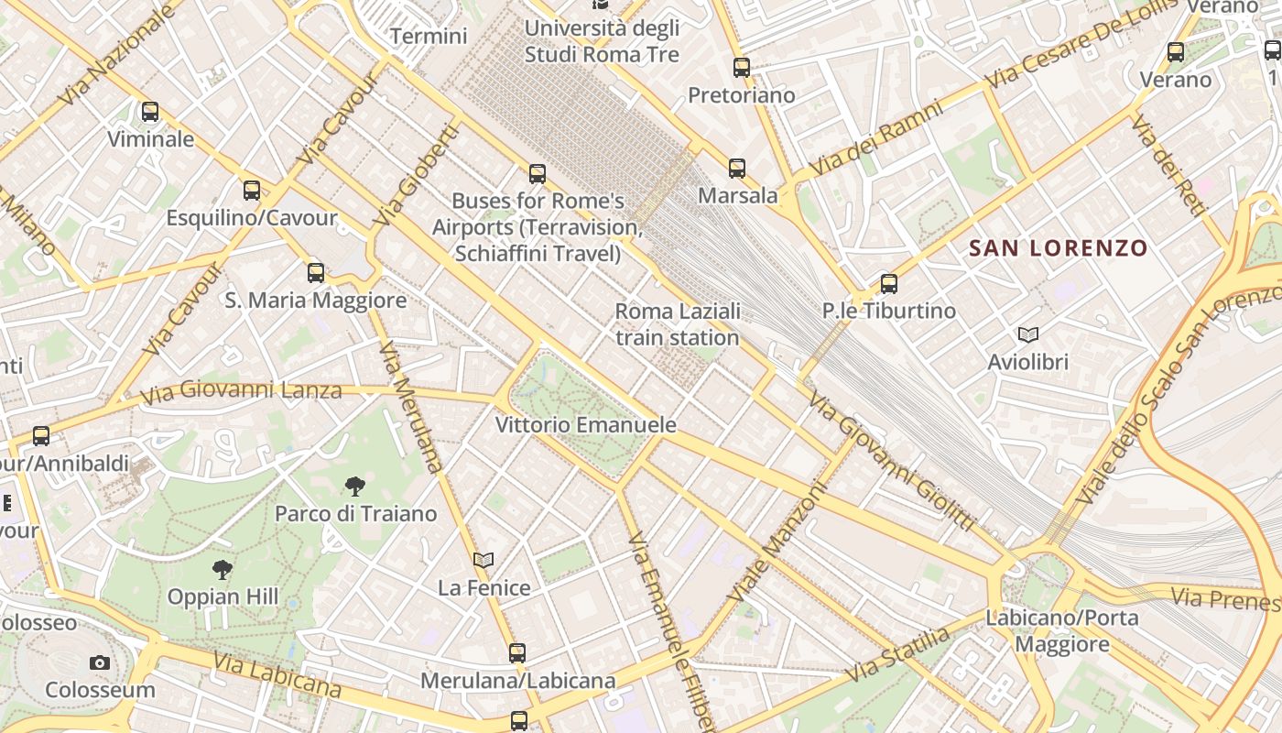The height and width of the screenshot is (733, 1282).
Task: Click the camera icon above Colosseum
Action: pos(100,662)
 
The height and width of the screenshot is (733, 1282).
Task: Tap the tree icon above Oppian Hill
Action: pos(222,570)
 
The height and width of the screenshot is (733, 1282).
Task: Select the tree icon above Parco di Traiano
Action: pos(355,487)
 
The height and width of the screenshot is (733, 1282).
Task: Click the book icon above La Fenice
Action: pos(483,560)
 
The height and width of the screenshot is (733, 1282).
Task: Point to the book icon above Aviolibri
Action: pos(1027,335)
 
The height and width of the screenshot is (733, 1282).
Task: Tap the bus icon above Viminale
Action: pos(150,112)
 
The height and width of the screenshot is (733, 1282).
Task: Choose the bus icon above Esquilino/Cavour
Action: pos(252,191)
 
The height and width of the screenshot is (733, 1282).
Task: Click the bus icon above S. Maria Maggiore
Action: pos(316,272)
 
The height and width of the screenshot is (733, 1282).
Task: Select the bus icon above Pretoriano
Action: pos(742,67)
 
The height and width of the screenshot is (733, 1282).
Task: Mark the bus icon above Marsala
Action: pos(737,168)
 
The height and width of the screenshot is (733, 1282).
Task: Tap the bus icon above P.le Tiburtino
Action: pos(888,283)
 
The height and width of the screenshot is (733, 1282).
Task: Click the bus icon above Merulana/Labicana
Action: pos(517,652)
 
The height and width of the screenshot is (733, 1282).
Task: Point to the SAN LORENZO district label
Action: pos(1058,247)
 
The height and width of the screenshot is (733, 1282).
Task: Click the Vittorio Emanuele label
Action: pos(585,425)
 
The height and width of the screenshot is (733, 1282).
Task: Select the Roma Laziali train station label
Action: pos(677,324)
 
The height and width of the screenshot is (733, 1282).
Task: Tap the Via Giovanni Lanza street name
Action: pos(241,392)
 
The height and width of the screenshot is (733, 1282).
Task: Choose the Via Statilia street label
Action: pos(897,656)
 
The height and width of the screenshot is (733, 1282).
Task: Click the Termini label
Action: pos(429,37)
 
